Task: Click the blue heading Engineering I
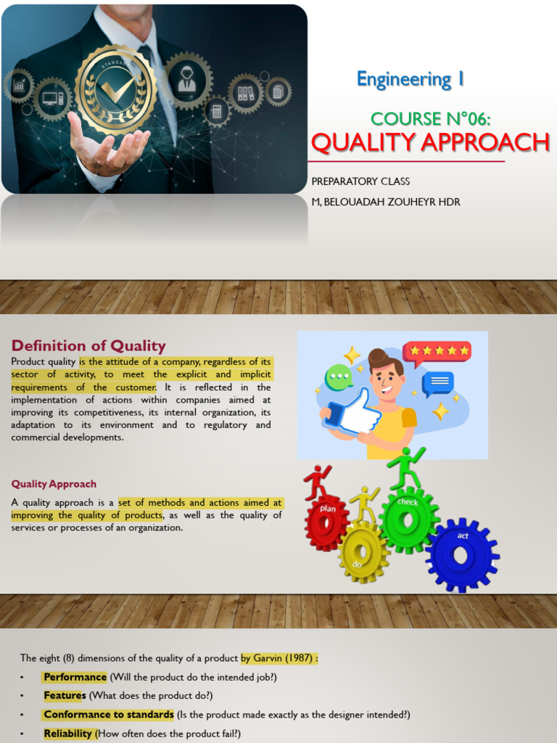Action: [x=410, y=79]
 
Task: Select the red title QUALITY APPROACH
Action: [x=430, y=142]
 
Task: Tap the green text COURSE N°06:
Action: [x=430, y=118]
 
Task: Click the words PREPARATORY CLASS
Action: [x=360, y=181]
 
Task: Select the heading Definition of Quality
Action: [x=88, y=345]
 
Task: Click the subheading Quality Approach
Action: [x=54, y=484]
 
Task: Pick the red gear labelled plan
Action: [x=326, y=521]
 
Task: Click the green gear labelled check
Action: [x=408, y=520]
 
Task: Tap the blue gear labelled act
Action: [x=462, y=554]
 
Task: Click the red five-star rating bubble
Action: [x=437, y=352]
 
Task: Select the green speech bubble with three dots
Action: [x=339, y=377]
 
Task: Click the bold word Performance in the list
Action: [x=75, y=677]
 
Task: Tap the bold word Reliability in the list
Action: [x=67, y=734]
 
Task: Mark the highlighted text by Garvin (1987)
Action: [x=279, y=657]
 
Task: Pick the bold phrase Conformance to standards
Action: [x=109, y=714]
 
